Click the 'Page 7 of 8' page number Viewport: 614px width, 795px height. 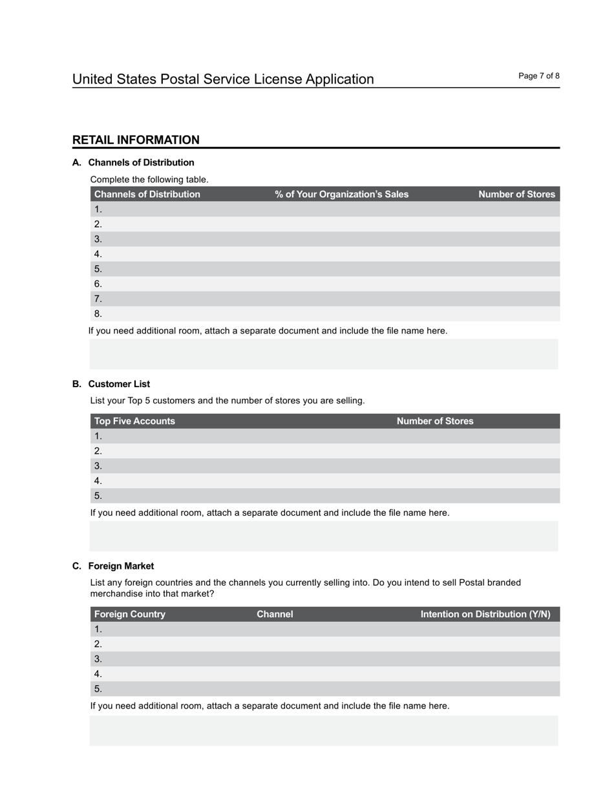click(x=538, y=76)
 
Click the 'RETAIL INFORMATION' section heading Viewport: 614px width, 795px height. click(x=136, y=140)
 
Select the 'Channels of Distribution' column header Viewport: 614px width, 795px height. click(x=147, y=195)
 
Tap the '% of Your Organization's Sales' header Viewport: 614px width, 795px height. click(x=341, y=195)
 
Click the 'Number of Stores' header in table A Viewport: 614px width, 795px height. click(x=516, y=195)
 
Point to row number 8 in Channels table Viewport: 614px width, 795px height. click(x=98, y=314)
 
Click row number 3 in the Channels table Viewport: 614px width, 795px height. click(x=98, y=239)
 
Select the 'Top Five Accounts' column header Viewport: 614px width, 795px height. click(x=134, y=421)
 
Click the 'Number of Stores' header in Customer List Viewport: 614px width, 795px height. click(x=434, y=421)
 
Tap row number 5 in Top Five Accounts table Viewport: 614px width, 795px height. click(x=98, y=496)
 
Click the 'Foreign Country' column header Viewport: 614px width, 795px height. click(x=130, y=614)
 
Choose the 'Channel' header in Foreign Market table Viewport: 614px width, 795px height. click(x=275, y=614)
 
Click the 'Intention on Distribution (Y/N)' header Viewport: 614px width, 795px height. click(x=485, y=614)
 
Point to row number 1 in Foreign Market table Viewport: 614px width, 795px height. click(x=98, y=630)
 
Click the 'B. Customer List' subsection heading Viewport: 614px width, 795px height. click(x=111, y=384)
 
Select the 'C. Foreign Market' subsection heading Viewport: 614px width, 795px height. click(x=113, y=566)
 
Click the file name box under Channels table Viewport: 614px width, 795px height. click(x=323, y=354)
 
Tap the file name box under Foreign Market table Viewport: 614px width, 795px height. click(x=323, y=730)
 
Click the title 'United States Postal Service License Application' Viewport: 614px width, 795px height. click(x=223, y=79)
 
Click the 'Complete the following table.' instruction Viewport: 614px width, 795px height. click(x=149, y=180)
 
